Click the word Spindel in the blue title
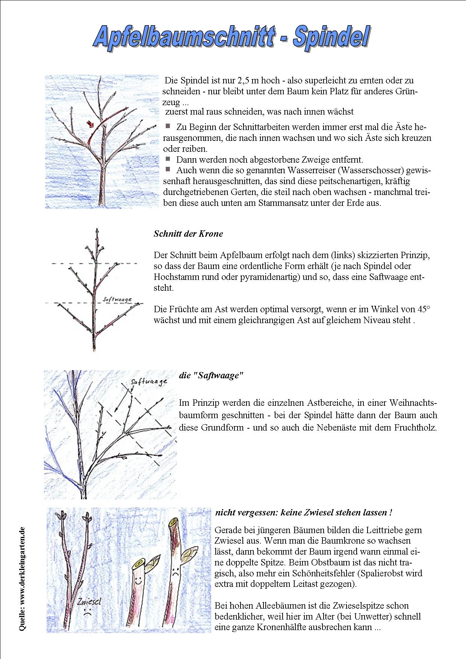331,37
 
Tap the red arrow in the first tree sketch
90,124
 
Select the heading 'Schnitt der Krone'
188,234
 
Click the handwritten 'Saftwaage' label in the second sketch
117,299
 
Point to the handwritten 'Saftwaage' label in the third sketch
149,382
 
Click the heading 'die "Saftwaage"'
211,375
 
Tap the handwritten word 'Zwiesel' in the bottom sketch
89,602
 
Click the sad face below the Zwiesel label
87,611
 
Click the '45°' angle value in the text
424,309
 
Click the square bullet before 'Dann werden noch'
168,159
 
